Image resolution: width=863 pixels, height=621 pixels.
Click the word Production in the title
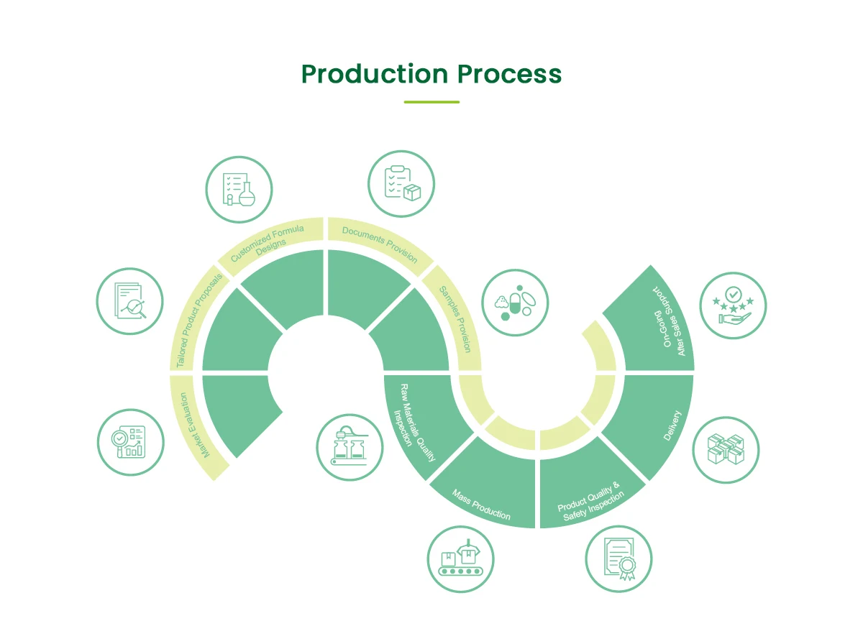374,74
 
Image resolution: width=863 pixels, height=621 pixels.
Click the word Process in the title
509,74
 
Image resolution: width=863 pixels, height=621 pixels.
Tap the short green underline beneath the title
431,102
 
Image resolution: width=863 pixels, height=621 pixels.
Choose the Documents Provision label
380,244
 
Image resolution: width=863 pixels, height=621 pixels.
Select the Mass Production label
481,505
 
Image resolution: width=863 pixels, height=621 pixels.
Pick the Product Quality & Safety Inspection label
590,501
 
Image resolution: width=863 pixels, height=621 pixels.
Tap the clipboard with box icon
401,183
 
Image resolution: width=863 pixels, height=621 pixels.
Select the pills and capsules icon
515,303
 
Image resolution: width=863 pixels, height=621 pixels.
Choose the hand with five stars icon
733,305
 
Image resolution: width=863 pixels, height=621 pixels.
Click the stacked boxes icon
726,451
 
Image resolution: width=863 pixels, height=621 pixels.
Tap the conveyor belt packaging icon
460,560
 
